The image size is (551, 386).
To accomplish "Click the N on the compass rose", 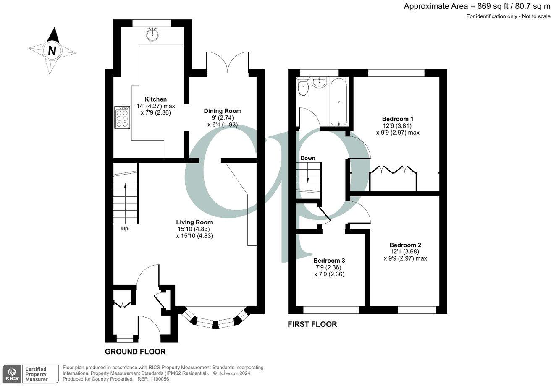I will (x=52, y=51).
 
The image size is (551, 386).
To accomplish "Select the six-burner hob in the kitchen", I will (x=122, y=118).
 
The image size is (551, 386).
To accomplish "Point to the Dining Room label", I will (x=223, y=111).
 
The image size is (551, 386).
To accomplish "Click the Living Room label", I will (x=194, y=222).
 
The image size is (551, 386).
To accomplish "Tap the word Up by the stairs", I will (x=125, y=229).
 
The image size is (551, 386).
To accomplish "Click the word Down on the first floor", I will (x=307, y=158).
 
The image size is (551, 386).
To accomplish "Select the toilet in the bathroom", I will (x=302, y=87).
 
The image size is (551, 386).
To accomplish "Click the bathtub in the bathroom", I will (x=338, y=102).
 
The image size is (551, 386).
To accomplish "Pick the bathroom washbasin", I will (x=319, y=81).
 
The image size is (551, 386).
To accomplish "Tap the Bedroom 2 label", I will (x=405, y=245).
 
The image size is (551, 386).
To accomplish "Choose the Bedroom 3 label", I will (x=329, y=260).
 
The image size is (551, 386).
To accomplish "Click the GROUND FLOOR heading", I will (x=135, y=352).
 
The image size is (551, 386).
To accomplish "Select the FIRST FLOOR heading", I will (x=312, y=324).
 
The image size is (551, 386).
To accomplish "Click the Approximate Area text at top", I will (x=477, y=6).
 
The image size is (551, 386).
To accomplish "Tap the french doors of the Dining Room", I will (x=227, y=63).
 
